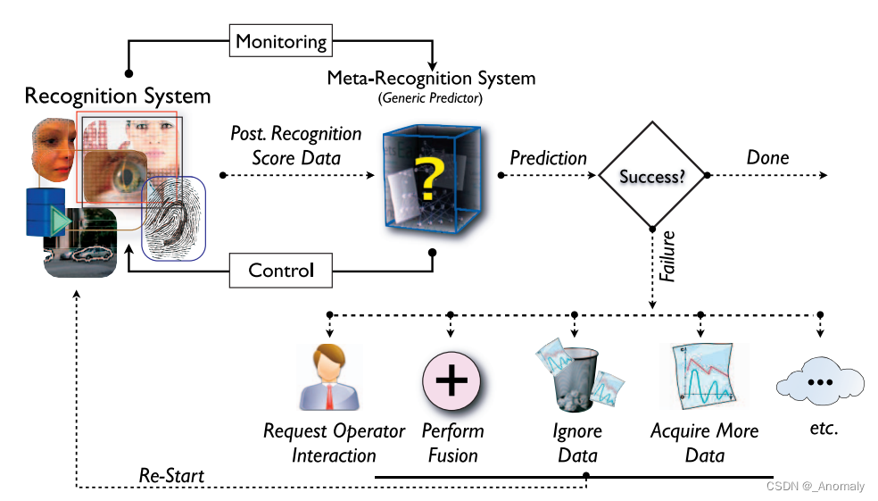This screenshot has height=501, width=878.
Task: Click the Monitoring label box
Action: point(280,40)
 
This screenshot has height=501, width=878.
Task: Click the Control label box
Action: point(280,270)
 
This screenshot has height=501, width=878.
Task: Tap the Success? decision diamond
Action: point(652,176)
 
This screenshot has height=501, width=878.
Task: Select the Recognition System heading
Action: point(118,96)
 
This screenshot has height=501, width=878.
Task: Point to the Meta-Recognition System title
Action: point(431,78)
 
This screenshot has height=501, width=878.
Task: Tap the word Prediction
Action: point(548,158)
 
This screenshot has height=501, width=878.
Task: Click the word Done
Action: point(767,158)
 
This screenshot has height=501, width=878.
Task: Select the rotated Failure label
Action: point(667,259)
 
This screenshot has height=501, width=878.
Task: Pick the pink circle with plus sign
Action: point(451,379)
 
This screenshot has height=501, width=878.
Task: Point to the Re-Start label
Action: point(171,476)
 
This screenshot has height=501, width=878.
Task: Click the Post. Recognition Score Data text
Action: point(294,146)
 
